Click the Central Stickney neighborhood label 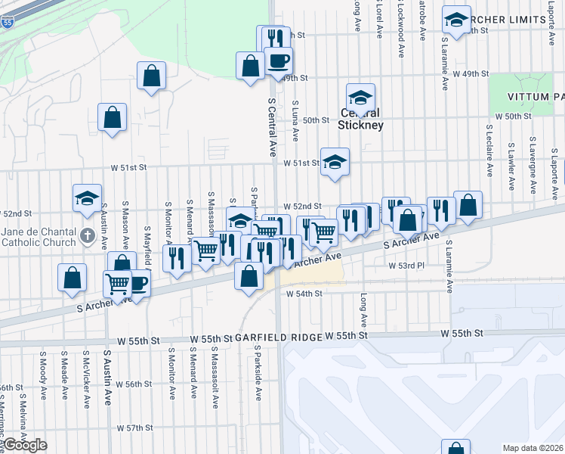pyautogui.click(x=360, y=120)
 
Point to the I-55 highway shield pyautogui.click(x=6, y=24)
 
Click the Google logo pyautogui.click(x=24, y=445)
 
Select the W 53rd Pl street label pyautogui.click(x=407, y=266)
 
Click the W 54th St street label pyautogui.click(x=304, y=293)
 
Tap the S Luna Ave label pyautogui.click(x=295, y=122)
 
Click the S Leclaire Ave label pyautogui.click(x=490, y=157)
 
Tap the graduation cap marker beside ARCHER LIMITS pyautogui.click(x=456, y=19)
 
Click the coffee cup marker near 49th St pyautogui.click(x=277, y=61)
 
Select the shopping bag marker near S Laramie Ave pyautogui.click(x=468, y=205)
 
